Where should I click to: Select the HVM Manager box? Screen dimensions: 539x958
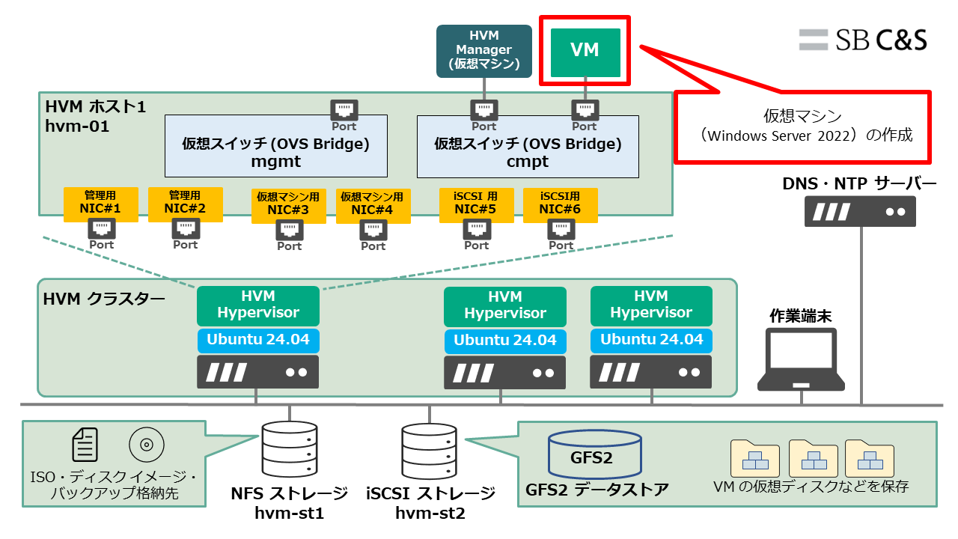[x=484, y=51]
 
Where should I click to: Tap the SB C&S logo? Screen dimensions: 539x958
[x=862, y=40]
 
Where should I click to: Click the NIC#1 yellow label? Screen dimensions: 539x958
[x=100, y=204]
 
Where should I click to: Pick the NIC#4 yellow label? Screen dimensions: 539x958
[x=373, y=204]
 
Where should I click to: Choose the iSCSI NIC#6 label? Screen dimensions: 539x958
[x=561, y=204]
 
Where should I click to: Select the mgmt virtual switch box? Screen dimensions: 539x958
[x=275, y=150]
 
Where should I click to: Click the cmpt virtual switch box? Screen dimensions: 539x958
[x=528, y=150]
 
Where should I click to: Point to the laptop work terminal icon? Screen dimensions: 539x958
[x=801, y=359]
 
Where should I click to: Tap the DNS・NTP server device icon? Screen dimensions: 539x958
[x=860, y=211]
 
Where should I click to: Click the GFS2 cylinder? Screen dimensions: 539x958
[x=595, y=454]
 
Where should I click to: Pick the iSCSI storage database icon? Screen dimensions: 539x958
[x=429, y=453]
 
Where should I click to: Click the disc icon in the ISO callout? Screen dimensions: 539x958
[x=147, y=445]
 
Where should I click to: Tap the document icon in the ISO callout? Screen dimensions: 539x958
[x=85, y=444]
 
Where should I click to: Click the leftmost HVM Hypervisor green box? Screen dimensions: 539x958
[x=258, y=305]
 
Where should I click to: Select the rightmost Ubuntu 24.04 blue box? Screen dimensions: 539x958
[x=651, y=340]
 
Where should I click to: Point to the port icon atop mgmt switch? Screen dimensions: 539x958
[x=344, y=110]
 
